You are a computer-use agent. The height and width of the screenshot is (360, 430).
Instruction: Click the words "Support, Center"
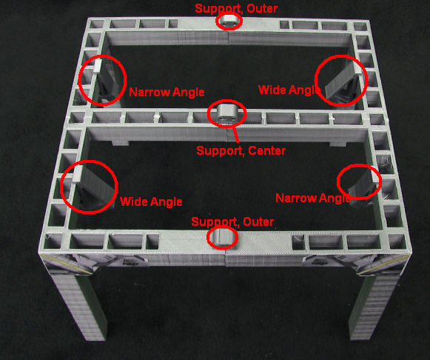coord(241,151)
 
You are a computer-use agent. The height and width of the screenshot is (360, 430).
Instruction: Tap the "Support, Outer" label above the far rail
coord(236,8)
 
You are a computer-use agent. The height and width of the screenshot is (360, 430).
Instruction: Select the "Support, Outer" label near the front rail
coord(232,221)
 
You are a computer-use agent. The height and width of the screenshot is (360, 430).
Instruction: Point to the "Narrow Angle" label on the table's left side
coord(167,92)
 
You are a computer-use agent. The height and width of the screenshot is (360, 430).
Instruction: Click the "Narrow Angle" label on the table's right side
coord(313,198)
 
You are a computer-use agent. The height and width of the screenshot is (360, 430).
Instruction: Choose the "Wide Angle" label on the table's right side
coord(289,90)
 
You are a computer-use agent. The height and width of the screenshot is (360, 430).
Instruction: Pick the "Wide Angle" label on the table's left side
coord(151,201)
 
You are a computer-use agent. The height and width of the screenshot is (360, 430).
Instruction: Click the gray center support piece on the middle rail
coord(226,113)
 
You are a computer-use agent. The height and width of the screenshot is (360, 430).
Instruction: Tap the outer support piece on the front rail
coord(223,237)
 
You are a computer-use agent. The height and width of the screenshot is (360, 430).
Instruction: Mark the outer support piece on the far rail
coord(229,21)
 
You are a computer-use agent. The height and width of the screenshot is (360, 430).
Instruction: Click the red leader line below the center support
coord(235,133)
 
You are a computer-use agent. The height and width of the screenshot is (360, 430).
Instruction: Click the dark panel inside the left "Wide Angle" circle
coord(96,186)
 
